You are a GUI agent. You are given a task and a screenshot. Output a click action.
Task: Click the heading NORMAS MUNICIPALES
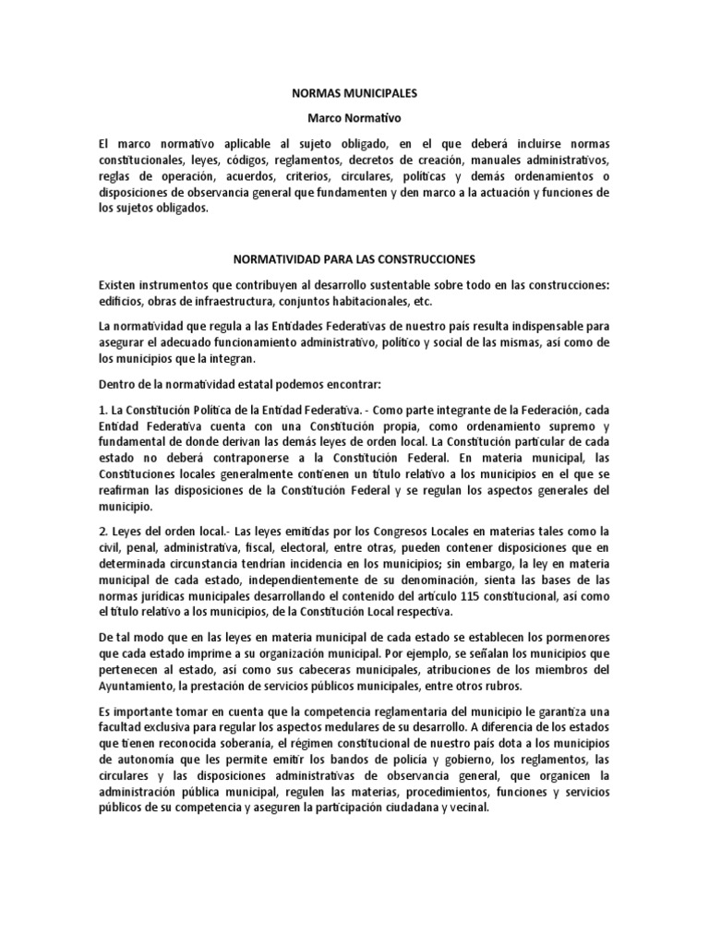tap(354, 94)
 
